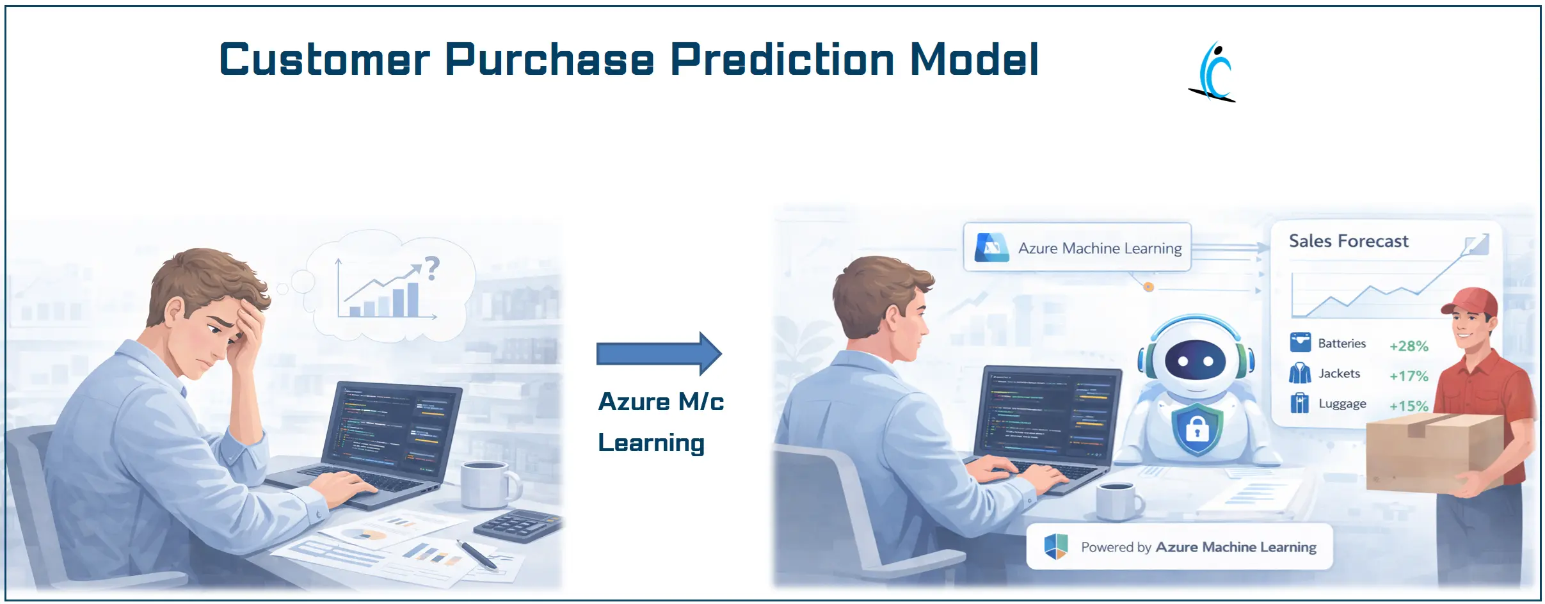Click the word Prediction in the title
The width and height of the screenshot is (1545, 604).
[x=781, y=60]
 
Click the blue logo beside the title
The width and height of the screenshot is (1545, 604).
[x=1213, y=72]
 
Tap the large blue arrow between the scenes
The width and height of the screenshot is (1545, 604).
[x=659, y=353]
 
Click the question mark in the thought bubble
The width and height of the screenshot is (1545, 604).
[x=433, y=268]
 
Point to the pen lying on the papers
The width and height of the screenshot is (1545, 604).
[x=477, y=554]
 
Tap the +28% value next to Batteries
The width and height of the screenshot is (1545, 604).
[x=1409, y=346]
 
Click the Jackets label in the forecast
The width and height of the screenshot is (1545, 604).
[x=1339, y=374]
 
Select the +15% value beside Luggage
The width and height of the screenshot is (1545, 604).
[x=1409, y=406]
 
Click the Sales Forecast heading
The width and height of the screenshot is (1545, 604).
[x=1348, y=241]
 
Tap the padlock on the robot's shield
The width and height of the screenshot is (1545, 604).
[x=1197, y=429]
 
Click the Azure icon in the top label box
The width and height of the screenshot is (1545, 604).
[x=991, y=248]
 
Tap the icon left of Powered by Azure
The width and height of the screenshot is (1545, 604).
[x=1055, y=547]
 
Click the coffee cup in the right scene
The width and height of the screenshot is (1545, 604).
[x=1117, y=501]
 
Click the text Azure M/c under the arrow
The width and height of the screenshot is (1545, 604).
[x=660, y=402]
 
